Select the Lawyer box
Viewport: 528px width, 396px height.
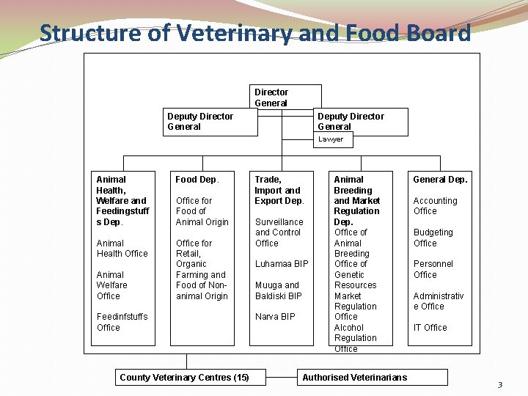[331, 139]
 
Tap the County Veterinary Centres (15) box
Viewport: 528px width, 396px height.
[184, 378]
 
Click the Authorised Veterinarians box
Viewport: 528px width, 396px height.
[354, 378]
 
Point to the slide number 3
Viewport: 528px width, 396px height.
[500, 385]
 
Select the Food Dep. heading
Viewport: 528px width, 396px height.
[197, 180]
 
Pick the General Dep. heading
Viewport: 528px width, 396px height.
[440, 180]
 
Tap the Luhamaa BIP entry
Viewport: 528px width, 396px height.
[282, 264]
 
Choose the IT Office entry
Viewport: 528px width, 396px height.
[430, 328]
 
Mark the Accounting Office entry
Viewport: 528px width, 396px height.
[435, 206]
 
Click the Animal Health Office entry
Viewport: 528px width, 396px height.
[122, 249]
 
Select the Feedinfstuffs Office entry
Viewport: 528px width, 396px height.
[122, 322]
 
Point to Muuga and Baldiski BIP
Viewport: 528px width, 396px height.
[278, 290]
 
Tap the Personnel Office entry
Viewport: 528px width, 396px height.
[433, 269]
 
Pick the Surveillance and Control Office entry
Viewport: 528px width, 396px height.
[279, 232]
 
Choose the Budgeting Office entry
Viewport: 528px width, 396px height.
[433, 238]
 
